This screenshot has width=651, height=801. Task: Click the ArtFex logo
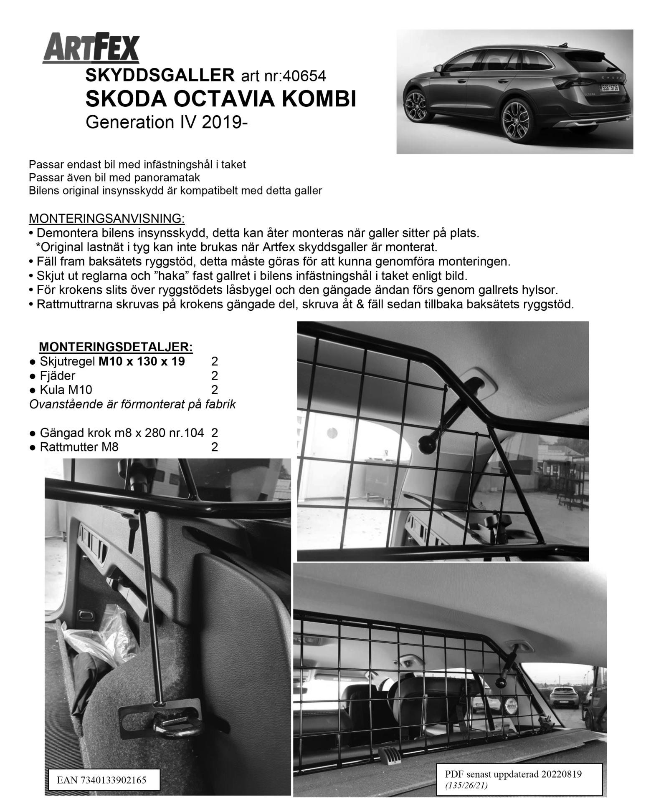[91, 49]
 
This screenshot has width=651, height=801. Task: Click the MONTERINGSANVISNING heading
[106, 218]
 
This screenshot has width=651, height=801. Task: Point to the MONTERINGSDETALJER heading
[116, 347]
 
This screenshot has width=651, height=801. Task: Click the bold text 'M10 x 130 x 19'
[142, 361]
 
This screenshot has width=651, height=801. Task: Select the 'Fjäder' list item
[57, 376]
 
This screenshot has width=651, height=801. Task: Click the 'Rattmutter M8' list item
[79, 447]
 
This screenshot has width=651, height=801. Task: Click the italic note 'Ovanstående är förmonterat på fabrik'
[132, 404]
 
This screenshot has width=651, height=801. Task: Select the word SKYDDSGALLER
[160, 76]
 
